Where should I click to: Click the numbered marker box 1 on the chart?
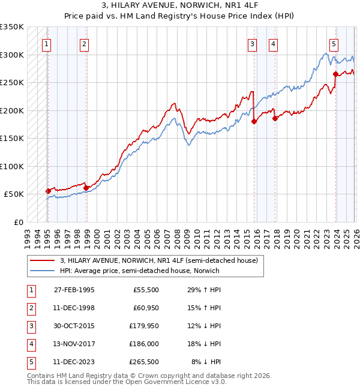47,43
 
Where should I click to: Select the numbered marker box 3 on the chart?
252,43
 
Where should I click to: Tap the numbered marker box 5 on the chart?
334,43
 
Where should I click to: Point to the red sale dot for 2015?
254,121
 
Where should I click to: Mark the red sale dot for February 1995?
49,191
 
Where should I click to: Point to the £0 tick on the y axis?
17,222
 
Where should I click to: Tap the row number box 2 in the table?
31,308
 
